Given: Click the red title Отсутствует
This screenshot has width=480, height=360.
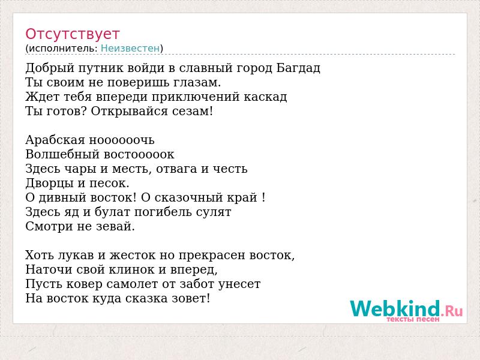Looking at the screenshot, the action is (x=72, y=34).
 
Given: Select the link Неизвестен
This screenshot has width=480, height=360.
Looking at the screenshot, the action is (x=130, y=49).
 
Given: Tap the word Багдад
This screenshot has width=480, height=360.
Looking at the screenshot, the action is (x=298, y=68).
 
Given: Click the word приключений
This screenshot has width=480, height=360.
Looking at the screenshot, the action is (x=196, y=97).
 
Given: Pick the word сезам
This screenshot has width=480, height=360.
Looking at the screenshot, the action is (x=192, y=111).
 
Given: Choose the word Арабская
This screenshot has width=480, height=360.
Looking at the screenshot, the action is (x=55, y=140).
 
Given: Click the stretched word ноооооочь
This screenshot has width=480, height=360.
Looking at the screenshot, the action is (x=122, y=140).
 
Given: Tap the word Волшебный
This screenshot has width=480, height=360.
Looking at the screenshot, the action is (x=62, y=154).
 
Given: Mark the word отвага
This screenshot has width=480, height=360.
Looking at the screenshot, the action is (x=176, y=169).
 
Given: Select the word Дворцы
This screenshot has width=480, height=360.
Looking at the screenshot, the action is (x=49, y=183).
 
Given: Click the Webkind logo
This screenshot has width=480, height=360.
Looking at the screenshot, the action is (x=406, y=308).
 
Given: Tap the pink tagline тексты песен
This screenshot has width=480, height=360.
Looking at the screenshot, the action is (x=413, y=319).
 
